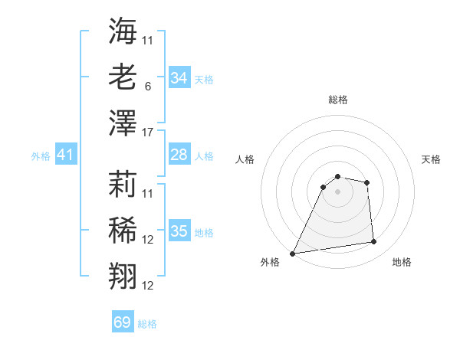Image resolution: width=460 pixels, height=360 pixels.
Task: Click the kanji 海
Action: [x=123, y=31]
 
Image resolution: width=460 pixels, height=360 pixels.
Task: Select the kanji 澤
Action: [x=123, y=123]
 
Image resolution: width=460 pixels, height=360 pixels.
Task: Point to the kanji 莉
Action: [x=123, y=184]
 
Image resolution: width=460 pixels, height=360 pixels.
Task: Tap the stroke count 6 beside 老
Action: [x=147, y=87]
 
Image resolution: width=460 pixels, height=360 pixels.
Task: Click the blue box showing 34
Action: [x=179, y=78]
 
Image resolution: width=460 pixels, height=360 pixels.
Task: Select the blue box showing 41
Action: [x=66, y=155]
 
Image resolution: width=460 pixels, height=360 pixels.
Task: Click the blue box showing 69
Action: [x=123, y=322]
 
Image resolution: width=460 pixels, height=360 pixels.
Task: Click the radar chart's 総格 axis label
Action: [x=337, y=100]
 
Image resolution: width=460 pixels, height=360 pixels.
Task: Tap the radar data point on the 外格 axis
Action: [x=293, y=253]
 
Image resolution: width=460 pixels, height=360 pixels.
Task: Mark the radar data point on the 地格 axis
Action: [x=374, y=242]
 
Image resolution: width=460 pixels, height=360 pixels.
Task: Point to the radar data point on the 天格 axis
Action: [x=367, y=182]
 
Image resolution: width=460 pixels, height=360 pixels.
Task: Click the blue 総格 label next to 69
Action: [x=147, y=324]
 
